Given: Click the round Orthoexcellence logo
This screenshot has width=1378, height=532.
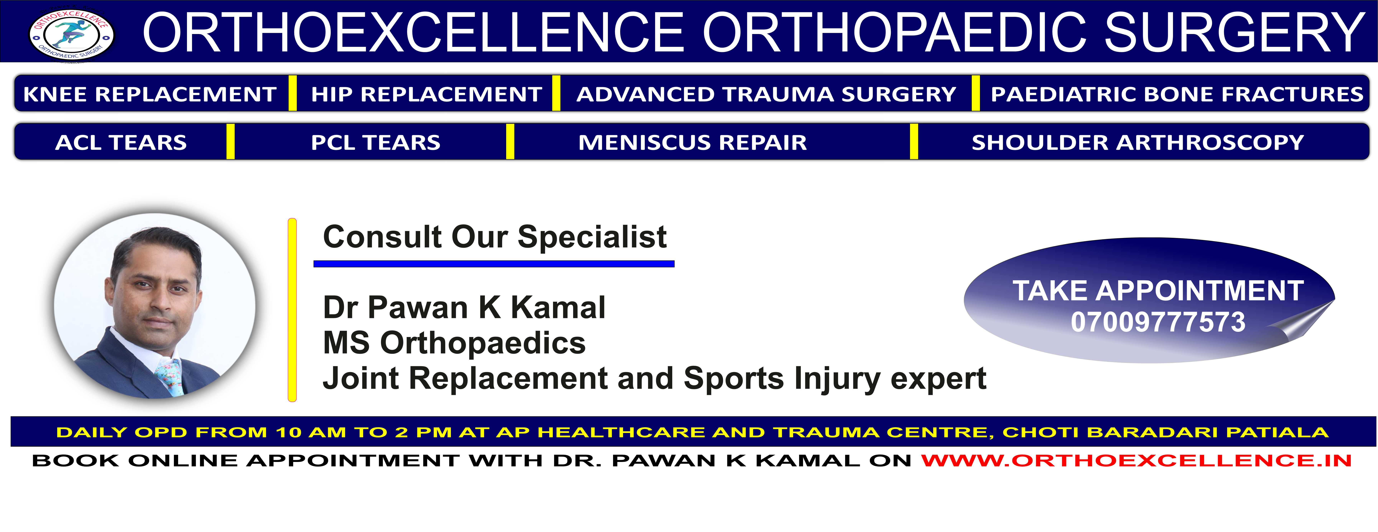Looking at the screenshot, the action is coord(72,35).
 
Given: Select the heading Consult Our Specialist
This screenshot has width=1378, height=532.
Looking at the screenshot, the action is coord(495,237).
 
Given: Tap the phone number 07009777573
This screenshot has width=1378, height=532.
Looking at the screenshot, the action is coord(1158,322).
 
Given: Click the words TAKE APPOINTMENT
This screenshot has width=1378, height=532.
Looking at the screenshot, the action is coord(1158,291).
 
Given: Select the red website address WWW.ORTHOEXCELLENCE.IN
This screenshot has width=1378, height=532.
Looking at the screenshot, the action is coord(1136,460).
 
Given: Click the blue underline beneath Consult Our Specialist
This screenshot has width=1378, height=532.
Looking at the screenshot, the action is coord(494,264).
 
